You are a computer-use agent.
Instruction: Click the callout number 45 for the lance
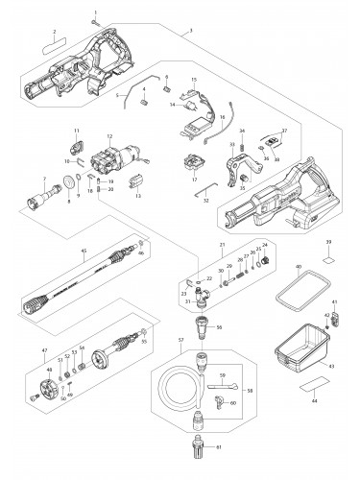tap(84, 252)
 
